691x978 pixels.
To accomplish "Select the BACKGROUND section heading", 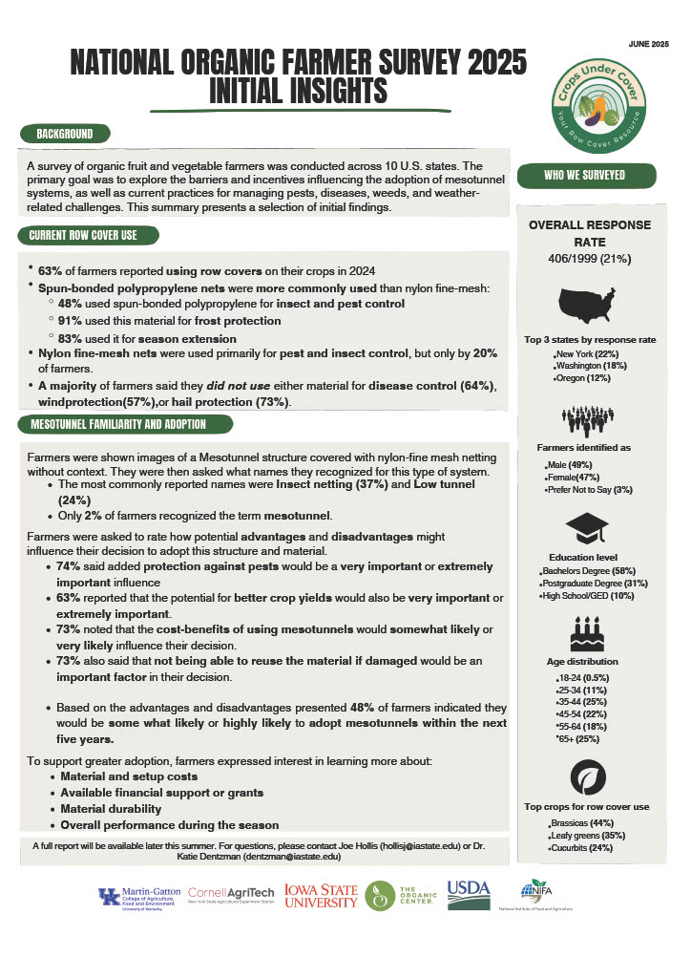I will tap(65, 134).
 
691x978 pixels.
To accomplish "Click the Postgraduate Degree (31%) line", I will tap(595, 584).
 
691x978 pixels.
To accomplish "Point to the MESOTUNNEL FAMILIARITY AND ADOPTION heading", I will tap(118, 423).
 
